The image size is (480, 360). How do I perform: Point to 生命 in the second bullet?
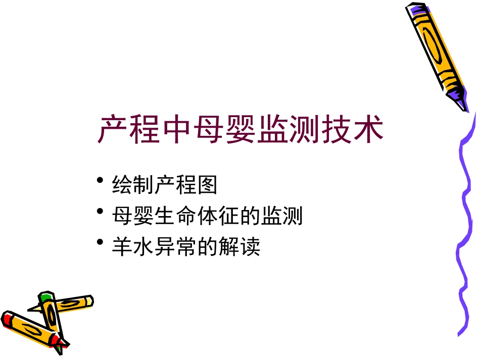click(164, 217)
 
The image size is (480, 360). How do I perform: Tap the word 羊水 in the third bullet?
click(132, 247)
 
